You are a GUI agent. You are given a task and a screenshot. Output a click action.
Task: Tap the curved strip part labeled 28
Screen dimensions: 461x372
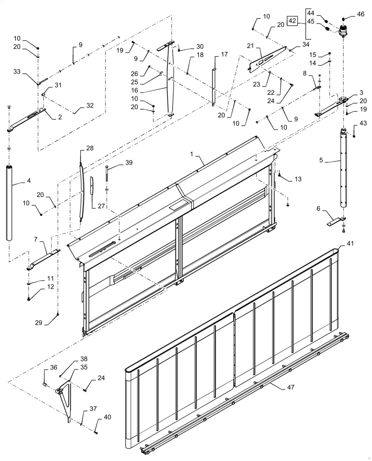[82, 189]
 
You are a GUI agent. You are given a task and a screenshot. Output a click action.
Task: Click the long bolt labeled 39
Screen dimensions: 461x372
[107, 177]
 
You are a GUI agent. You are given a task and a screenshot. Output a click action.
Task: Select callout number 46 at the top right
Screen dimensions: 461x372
[360, 14]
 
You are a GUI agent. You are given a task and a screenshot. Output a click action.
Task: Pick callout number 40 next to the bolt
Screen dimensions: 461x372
[107, 418]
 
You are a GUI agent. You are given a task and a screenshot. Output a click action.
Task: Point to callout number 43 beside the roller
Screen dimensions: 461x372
[364, 123]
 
